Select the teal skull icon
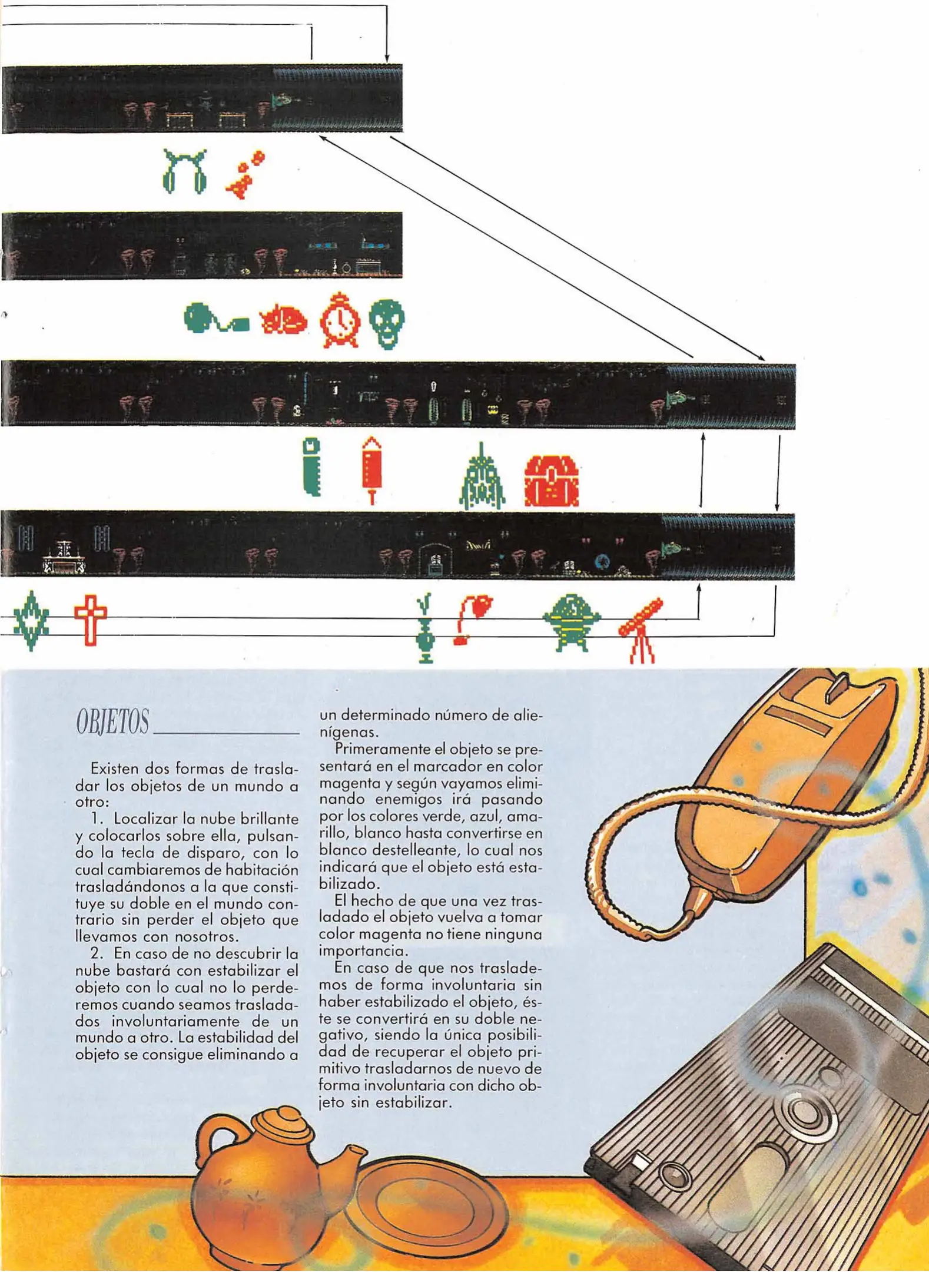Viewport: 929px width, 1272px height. point(387,322)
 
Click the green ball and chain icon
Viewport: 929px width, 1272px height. point(215,319)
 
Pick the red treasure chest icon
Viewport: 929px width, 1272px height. point(551,481)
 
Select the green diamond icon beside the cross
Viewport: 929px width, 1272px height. point(31,620)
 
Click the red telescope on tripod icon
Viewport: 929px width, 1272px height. point(641,629)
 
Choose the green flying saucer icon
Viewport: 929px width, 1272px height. point(571,621)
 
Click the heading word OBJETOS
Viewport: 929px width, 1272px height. point(112,721)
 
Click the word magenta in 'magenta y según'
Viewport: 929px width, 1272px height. point(347,784)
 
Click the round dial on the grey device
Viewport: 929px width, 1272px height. point(801,1111)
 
